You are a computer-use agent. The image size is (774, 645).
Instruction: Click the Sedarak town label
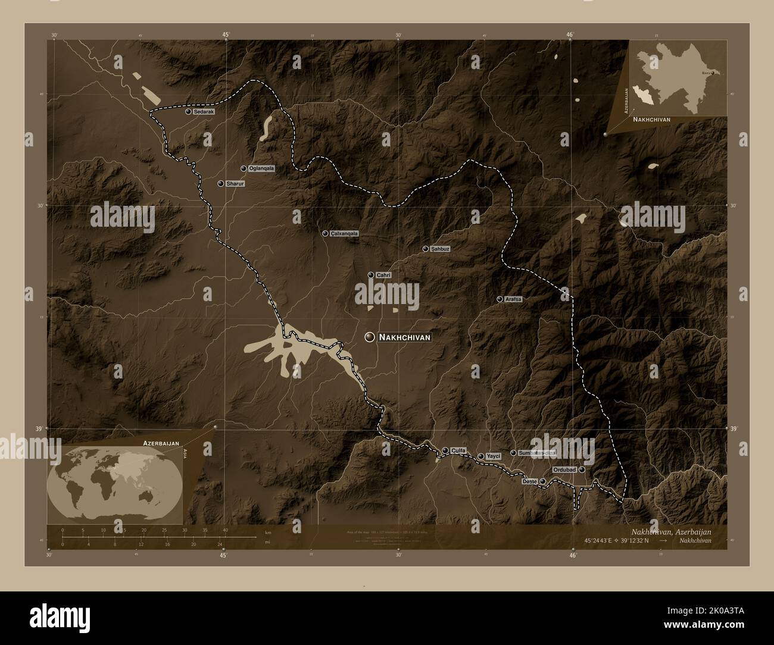coord(203,111)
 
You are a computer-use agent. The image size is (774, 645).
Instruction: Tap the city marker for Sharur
coord(221,184)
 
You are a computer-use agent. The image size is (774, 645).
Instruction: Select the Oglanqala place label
coord(262,168)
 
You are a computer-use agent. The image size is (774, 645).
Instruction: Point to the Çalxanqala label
coord(345,234)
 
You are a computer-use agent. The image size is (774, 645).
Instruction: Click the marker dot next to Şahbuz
coord(425,249)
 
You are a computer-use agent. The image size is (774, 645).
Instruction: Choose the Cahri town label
coord(383,275)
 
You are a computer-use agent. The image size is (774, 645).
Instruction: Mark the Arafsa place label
coord(513,299)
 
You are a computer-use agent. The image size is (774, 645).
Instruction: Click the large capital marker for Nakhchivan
coord(370,337)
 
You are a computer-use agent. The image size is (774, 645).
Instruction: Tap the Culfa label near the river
coord(458,450)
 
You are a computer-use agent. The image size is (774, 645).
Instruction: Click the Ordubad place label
coord(564,470)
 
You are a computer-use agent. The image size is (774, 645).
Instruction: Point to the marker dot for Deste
coord(542,481)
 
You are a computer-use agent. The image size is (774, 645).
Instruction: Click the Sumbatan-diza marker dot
coord(513,453)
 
